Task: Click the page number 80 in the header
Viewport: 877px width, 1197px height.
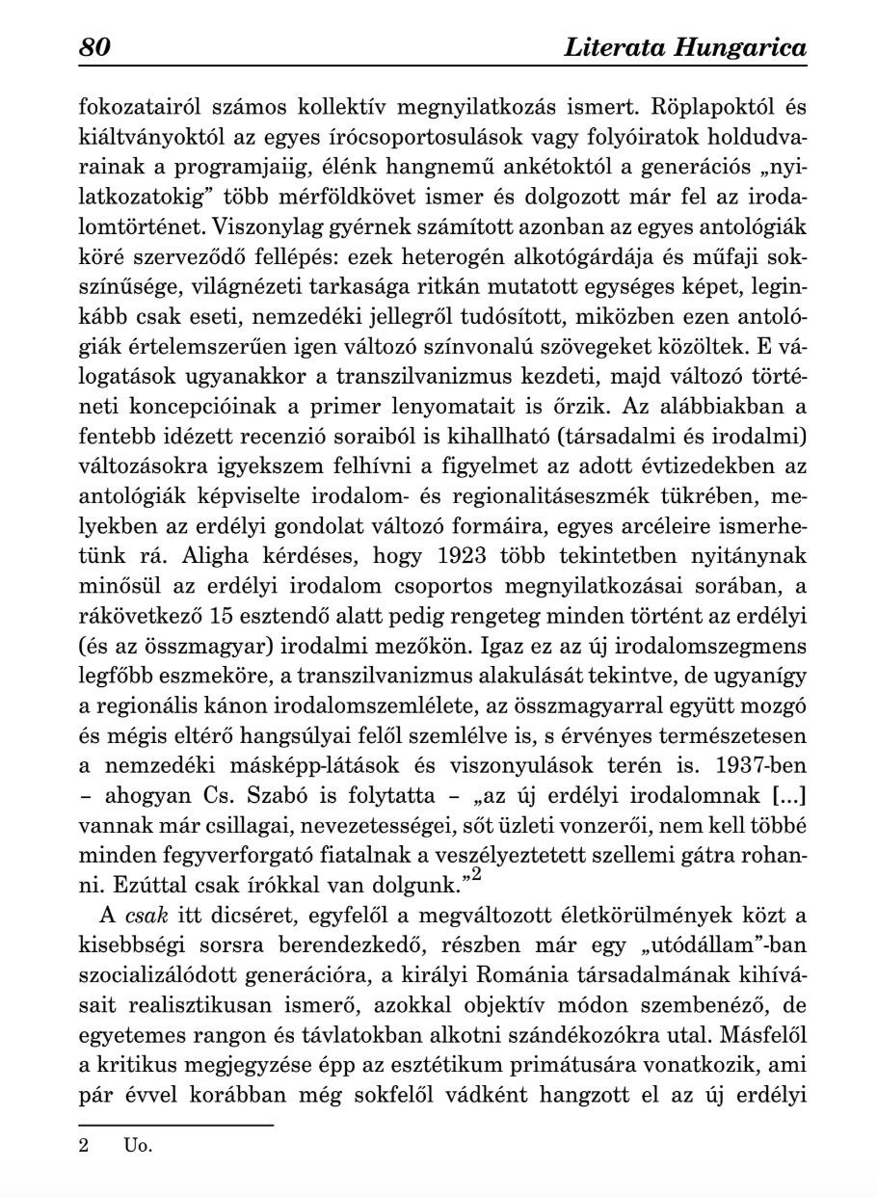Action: (95, 47)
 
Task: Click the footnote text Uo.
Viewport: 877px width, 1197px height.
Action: (138, 1146)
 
